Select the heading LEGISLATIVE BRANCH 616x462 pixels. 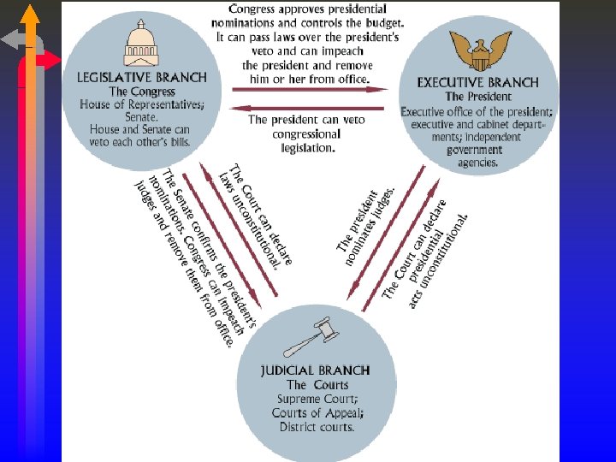(x=141, y=77)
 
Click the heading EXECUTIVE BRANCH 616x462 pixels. (x=477, y=83)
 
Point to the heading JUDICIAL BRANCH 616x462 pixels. (x=315, y=370)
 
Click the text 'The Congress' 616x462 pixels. (x=141, y=92)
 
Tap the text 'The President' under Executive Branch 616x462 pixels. (x=477, y=97)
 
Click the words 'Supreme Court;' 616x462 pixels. (x=316, y=400)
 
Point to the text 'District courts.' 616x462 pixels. (x=316, y=427)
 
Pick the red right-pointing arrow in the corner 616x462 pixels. (x=48, y=60)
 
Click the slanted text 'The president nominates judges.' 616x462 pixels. (x=365, y=222)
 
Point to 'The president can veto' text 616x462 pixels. (x=305, y=120)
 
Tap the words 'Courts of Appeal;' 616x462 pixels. (x=317, y=413)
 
